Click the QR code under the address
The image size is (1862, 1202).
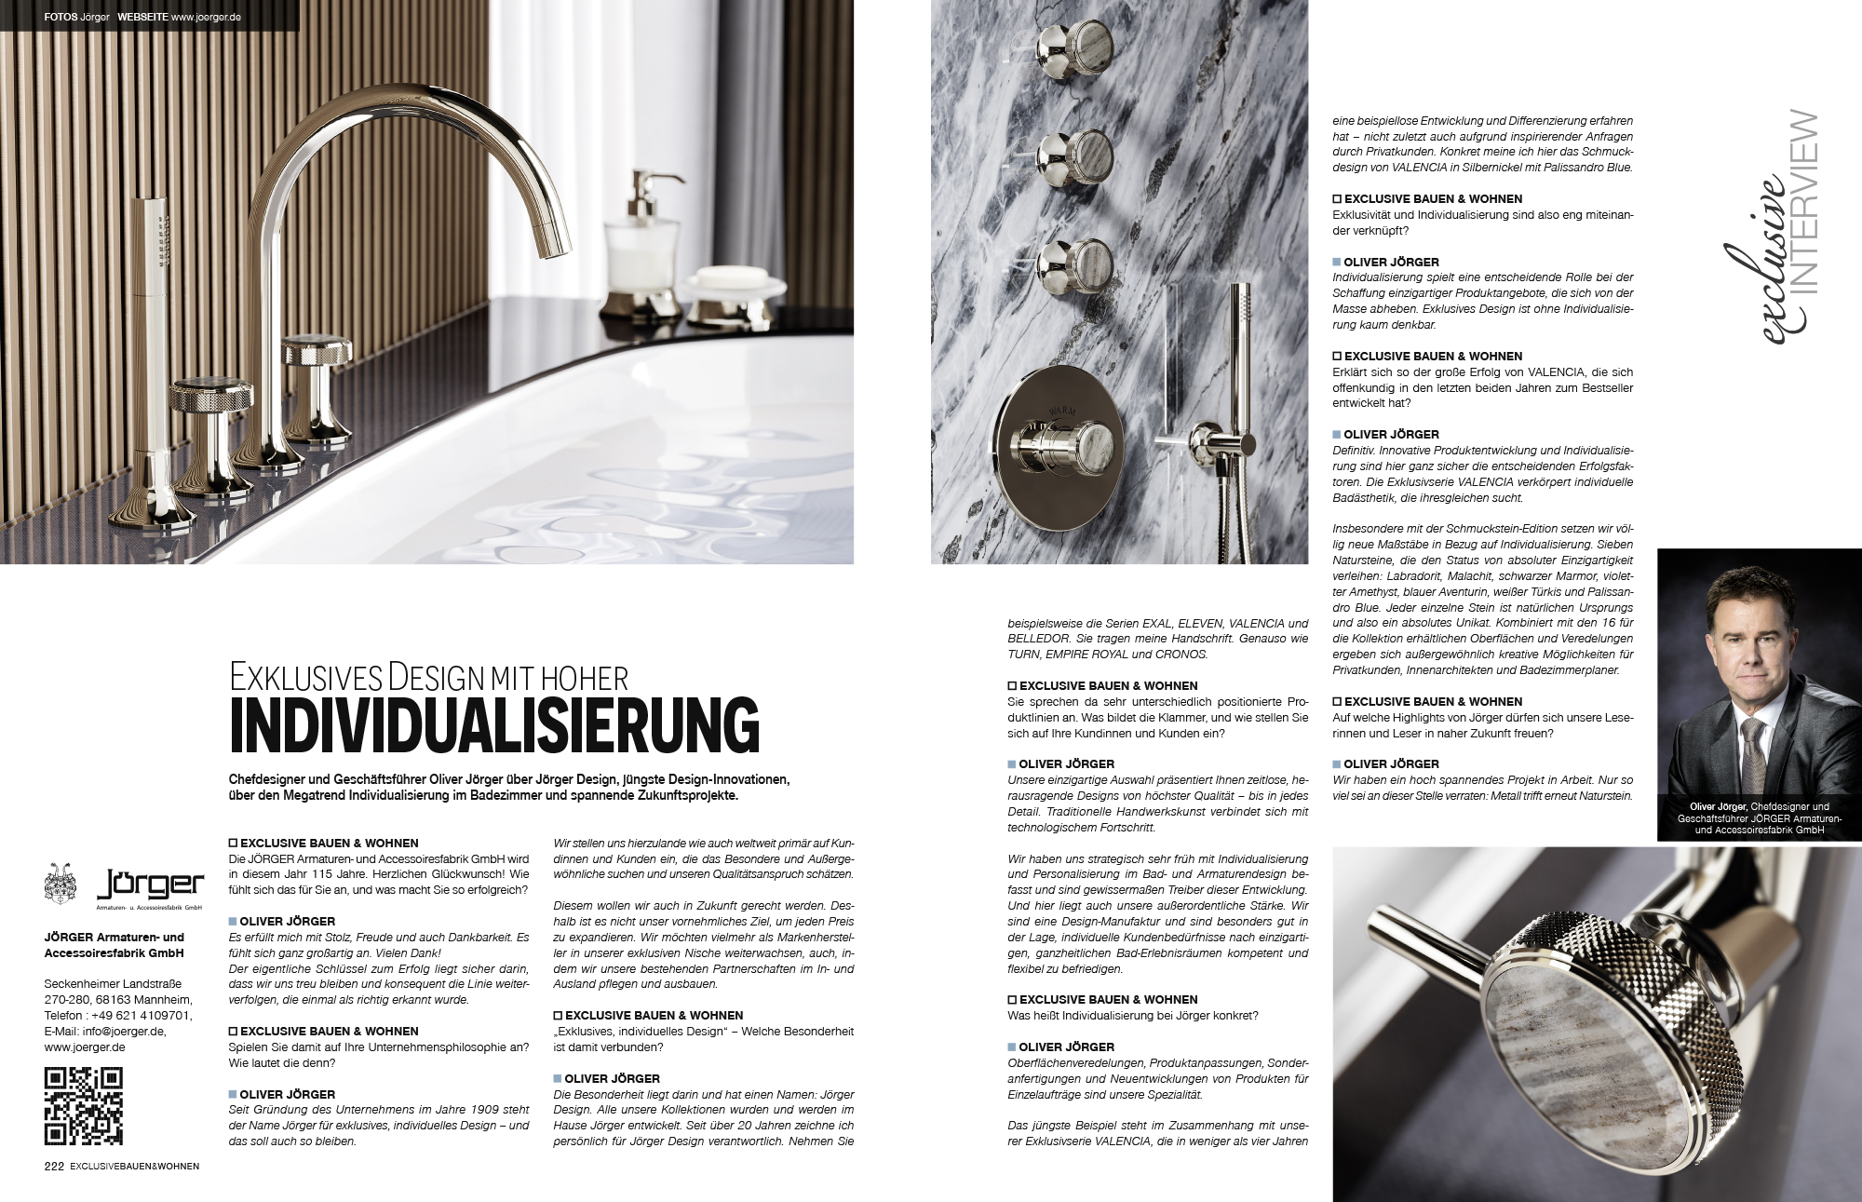click(x=84, y=1106)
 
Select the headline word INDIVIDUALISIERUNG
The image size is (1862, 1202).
click(x=494, y=725)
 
